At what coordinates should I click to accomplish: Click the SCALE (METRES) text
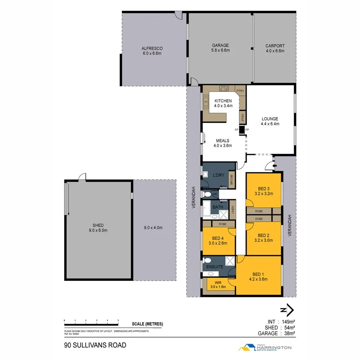147,324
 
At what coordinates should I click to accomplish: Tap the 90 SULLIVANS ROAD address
95,345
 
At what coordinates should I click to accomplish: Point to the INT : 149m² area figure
281,321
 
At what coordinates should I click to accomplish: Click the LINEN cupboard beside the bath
233,210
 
